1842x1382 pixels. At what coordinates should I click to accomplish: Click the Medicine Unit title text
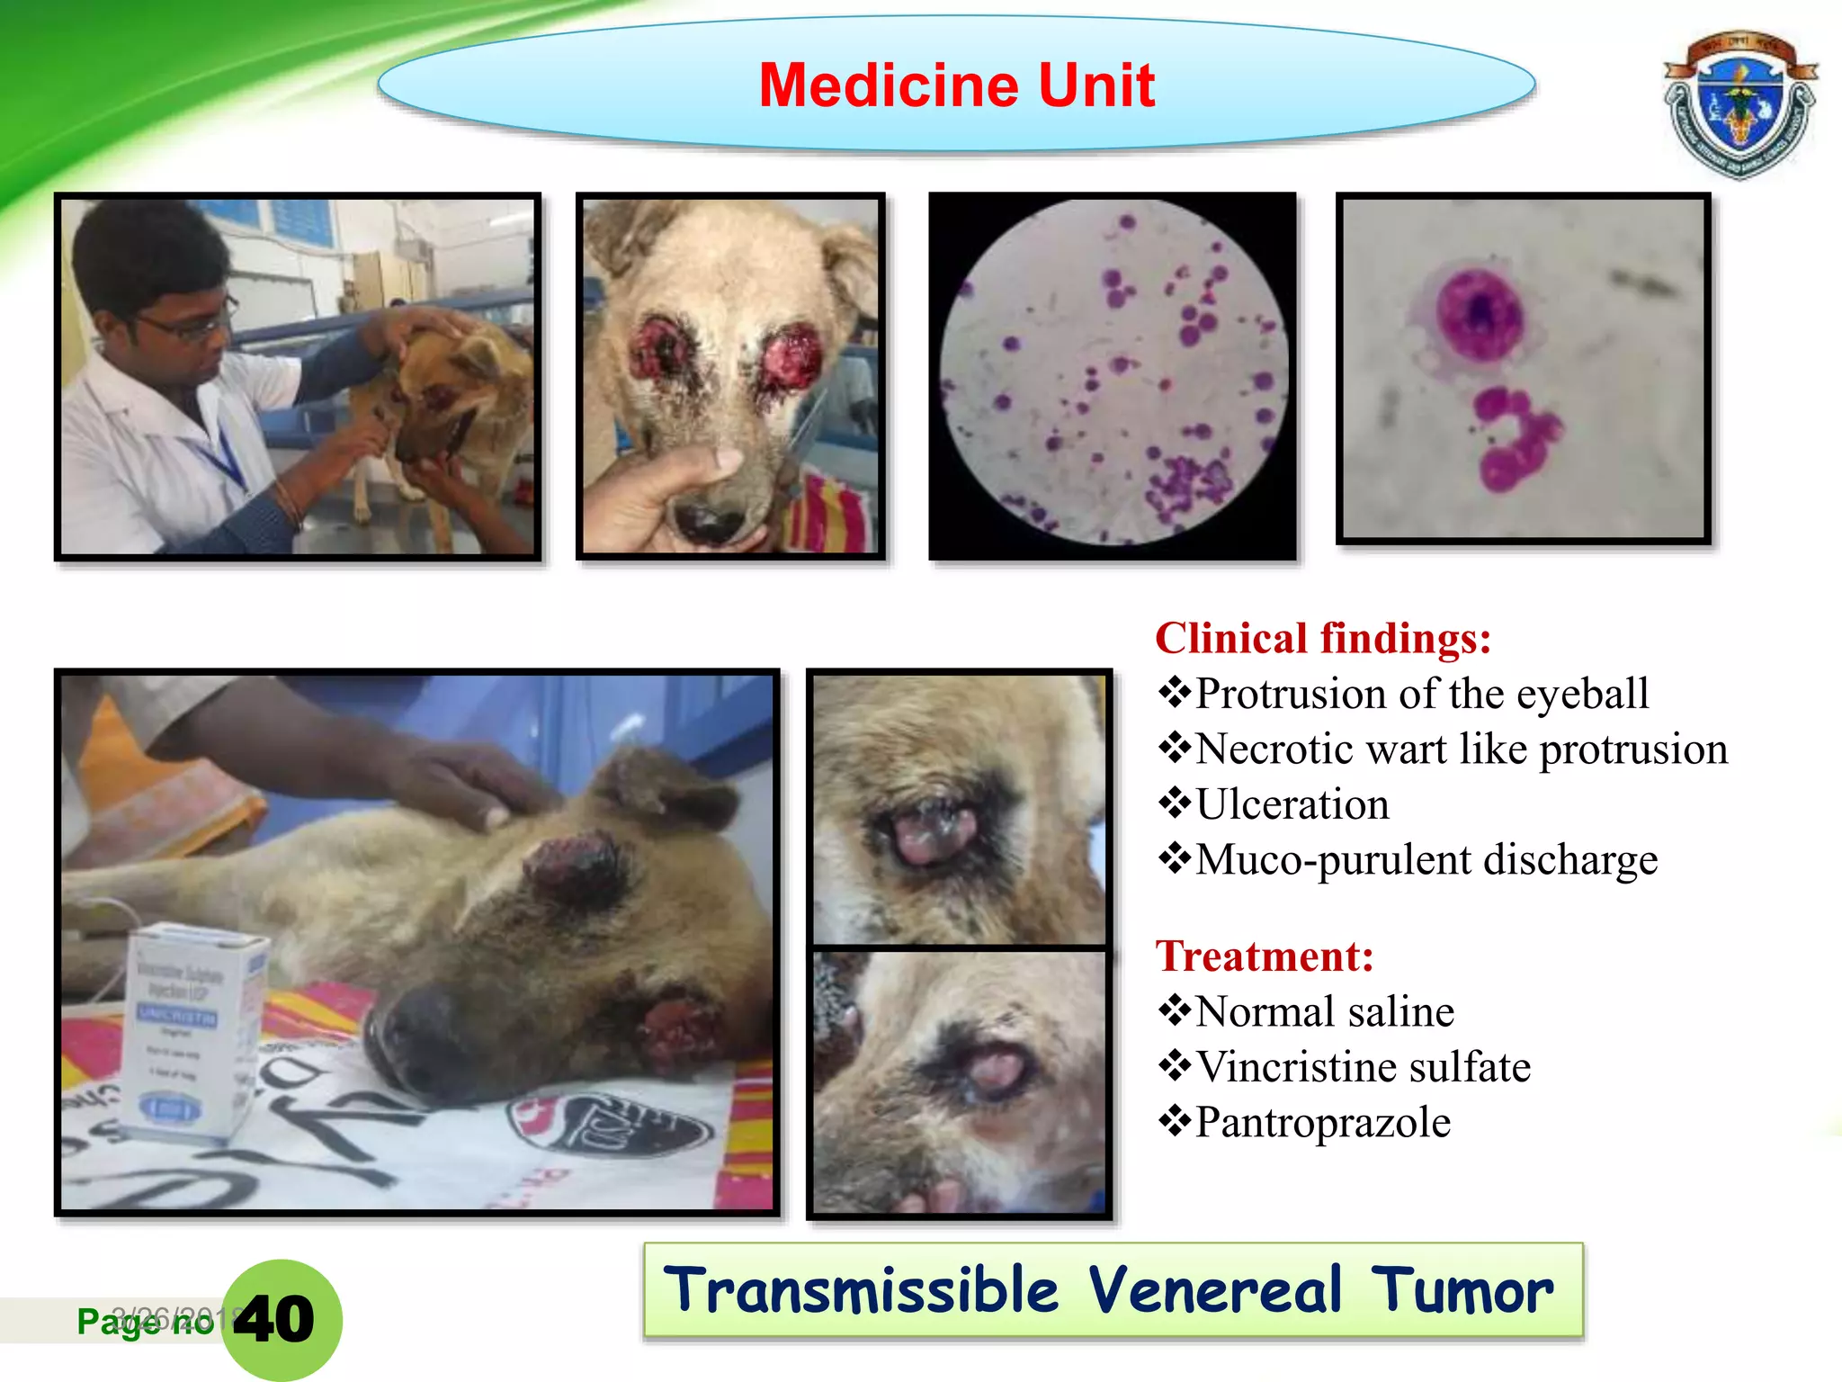[956, 85]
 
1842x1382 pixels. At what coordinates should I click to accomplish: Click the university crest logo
[1739, 106]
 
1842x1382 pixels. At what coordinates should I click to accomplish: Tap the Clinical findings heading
[1322, 639]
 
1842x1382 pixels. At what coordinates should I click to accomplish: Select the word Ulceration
[1292, 804]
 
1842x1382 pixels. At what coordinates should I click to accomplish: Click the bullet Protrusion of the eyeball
[1421, 694]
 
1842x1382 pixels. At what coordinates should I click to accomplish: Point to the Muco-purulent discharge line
[1426, 859]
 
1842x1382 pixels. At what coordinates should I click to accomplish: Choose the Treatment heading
[1264, 956]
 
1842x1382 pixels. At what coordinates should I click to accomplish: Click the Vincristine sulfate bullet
[1363, 1067]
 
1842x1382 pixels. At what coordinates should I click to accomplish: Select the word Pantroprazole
[1322, 1123]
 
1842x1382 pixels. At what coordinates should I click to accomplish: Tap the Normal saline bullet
[1324, 1011]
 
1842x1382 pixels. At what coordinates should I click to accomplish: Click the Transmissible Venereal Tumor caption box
[1113, 1289]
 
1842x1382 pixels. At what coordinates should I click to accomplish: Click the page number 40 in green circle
[277, 1319]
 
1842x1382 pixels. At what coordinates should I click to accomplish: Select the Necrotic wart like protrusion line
[1461, 749]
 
